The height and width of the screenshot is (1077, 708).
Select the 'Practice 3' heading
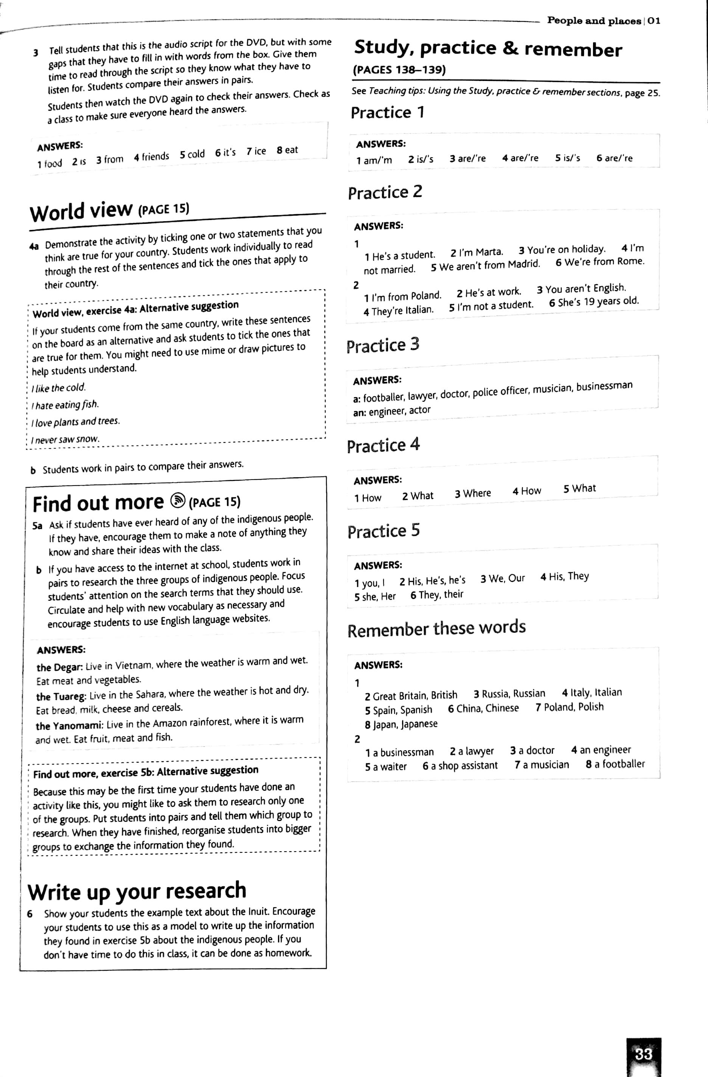383,345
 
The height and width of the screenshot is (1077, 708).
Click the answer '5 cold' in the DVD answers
192,154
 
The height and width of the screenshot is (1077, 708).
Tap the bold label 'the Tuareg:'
61,696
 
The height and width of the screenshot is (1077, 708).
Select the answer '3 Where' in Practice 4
473,493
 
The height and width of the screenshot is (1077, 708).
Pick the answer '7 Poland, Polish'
570,707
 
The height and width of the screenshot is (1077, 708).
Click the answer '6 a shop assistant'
460,766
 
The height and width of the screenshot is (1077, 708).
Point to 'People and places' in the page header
594,21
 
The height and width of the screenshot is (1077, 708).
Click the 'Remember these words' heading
436,628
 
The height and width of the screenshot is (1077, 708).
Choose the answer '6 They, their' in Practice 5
437,594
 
